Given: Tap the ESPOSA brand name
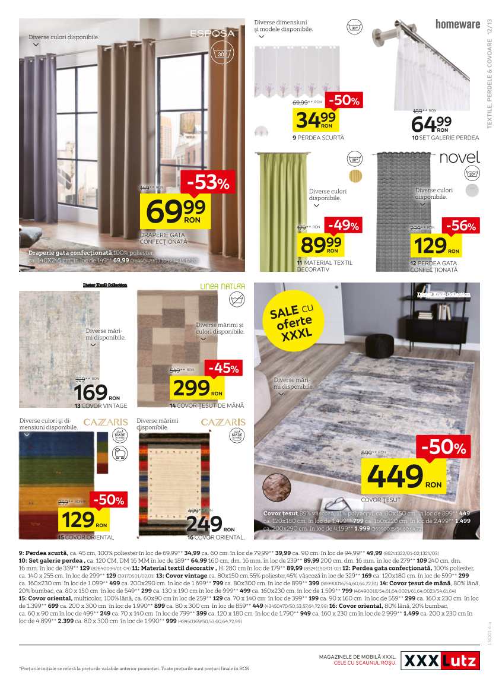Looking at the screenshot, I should [x=212, y=34].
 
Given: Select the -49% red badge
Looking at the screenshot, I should [x=342, y=226].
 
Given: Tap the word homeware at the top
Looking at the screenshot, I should [x=457, y=24].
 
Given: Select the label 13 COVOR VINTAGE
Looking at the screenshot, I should [x=101, y=406].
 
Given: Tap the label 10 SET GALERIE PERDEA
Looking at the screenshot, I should [x=445, y=138].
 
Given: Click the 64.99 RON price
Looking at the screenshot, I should [x=431, y=125].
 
